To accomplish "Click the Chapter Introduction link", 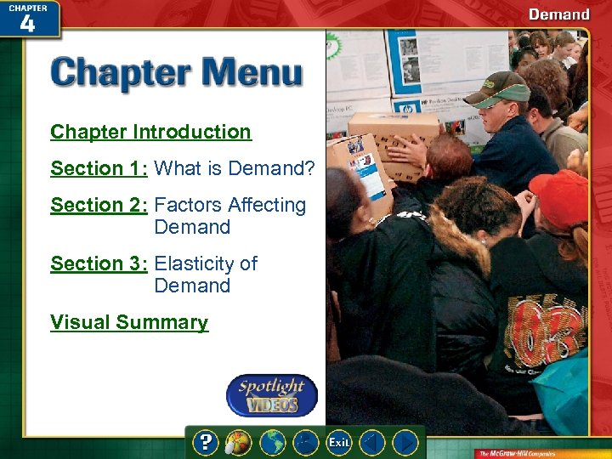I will point(150,132).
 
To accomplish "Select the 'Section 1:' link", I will point(99,168).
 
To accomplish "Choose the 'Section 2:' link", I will point(99,205).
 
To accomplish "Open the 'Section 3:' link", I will point(99,263).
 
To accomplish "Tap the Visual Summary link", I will point(129,322).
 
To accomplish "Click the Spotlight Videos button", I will point(271,395).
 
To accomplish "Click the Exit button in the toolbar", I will point(339,443).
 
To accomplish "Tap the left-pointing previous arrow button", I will point(372,443).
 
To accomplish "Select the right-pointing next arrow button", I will point(406,443).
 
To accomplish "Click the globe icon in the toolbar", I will point(272,443).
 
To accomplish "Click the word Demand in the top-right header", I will point(558,14).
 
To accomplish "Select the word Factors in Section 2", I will point(186,205).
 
